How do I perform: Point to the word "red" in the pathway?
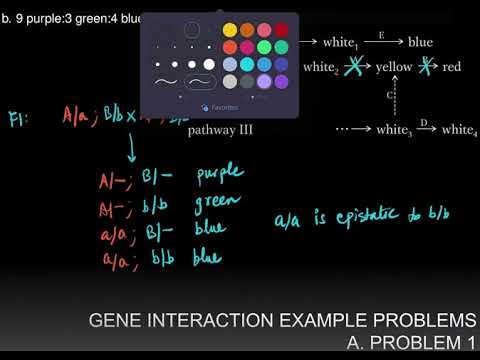pos(452,67)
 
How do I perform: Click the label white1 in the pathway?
pos(341,42)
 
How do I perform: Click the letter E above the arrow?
pos(381,33)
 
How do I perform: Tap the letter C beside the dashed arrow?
pos(389,95)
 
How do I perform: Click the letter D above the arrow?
pos(424,122)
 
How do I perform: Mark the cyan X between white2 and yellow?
pos(352,67)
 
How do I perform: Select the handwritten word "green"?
pos(217,202)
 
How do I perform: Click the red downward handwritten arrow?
pos(131,150)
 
